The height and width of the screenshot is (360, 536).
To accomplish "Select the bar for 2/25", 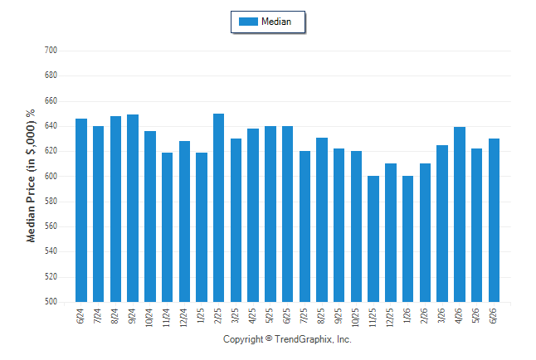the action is (x=218, y=208).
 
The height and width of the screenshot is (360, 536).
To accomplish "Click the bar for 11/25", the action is (x=373, y=239).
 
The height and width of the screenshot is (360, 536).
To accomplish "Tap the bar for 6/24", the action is (x=81, y=210).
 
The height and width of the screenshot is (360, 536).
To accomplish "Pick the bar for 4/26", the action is (x=460, y=214).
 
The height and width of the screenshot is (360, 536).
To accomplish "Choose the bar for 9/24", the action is (x=133, y=208).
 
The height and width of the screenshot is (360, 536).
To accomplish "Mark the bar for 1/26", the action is (x=408, y=239).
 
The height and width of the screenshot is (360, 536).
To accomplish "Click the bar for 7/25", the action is (x=305, y=226).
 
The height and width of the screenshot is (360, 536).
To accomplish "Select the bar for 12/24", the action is (x=184, y=221).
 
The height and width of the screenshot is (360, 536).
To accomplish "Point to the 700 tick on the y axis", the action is (x=51, y=51).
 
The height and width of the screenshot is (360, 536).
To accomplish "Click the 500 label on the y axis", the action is (x=51, y=302).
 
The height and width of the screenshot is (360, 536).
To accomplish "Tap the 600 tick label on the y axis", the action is (x=51, y=176).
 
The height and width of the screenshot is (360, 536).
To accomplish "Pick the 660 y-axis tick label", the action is (x=51, y=101).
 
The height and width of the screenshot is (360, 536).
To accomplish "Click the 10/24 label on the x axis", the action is (x=149, y=318).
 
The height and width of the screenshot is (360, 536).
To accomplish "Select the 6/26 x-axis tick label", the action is (x=494, y=316).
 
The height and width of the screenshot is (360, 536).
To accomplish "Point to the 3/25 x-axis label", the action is (x=235, y=316).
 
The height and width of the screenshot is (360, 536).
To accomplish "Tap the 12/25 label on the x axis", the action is (x=390, y=318).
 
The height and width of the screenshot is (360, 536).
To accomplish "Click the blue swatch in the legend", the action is (x=248, y=22).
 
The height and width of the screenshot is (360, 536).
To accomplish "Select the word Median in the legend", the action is (x=276, y=22).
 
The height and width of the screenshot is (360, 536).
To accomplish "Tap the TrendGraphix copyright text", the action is (x=287, y=339).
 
